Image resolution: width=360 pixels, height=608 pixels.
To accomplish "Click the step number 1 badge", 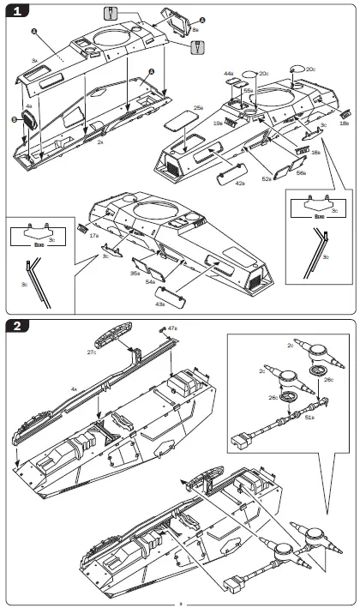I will tap(19, 12).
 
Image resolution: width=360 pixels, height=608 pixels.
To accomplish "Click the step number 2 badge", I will tap(19, 327).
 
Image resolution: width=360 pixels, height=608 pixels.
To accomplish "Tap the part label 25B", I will tap(198, 107).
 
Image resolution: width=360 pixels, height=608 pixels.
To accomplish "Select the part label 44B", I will tap(229, 75).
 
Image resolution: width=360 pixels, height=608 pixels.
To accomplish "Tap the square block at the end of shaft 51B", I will tap(239, 442).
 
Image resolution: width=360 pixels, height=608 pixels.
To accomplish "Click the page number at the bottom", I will tap(180, 603).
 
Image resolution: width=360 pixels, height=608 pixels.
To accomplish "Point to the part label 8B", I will tap(195, 30).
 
